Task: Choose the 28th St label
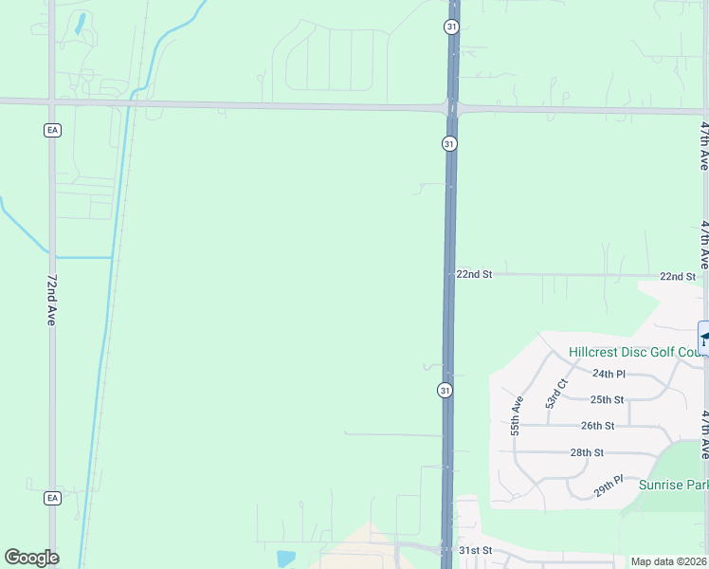(x=587, y=452)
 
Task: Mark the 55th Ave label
(x=518, y=415)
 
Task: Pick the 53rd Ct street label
(x=555, y=393)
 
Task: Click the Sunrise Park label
(x=674, y=485)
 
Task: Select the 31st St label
(x=476, y=550)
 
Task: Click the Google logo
(x=31, y=558)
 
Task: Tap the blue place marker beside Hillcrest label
(x=704, y=339)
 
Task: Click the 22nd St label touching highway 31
(x=474, y=274)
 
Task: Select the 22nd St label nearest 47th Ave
(x=678, y=276)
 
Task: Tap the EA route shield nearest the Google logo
(x=52, y=497)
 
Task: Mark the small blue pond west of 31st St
(x=284, y=557)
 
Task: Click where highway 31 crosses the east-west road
(x=451, y=108)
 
